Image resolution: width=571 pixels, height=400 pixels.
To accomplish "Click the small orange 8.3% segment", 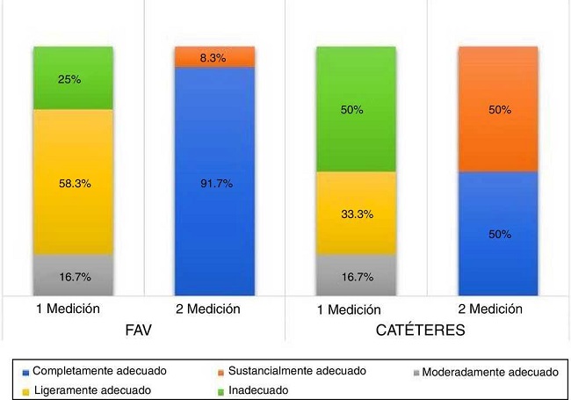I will pos(214,56).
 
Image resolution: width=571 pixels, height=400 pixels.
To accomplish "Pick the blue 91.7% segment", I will pos(214,182).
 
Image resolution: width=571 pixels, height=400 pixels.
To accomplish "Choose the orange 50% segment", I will pos(497,109).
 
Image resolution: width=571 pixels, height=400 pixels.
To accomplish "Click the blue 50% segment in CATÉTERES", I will pos(497,234).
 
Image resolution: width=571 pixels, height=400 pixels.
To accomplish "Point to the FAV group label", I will pos(143,332).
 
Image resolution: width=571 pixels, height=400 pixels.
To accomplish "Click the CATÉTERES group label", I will pos(427,332).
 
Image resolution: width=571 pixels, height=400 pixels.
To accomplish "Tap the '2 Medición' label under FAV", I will pos(214,309).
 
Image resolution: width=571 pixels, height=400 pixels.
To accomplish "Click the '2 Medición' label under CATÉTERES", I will pos(497,309).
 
